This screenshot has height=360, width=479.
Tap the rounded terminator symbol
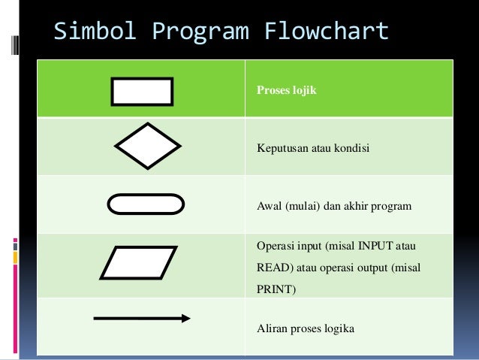click(146, 204)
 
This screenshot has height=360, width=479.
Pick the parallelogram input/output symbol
click(139, 263)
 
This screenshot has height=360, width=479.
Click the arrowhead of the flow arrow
click(185, 319)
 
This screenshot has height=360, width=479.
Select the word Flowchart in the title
click(327, 32)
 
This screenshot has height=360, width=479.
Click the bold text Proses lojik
click(287, 91)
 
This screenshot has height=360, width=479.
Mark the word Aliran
click(272, 328)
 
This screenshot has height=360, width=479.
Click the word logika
click(339, 328)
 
